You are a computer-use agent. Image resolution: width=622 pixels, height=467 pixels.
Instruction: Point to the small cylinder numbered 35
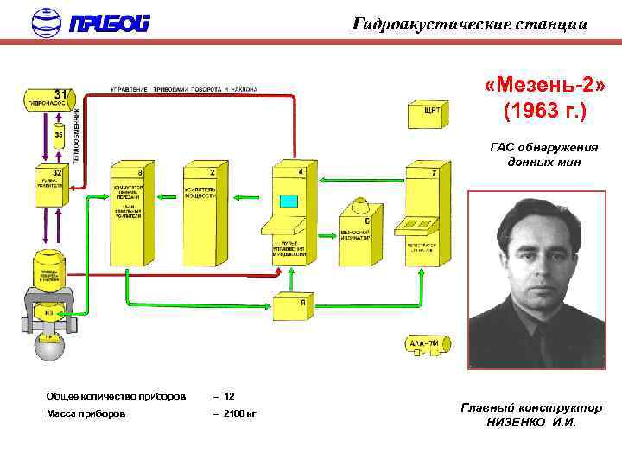tap(59, 138)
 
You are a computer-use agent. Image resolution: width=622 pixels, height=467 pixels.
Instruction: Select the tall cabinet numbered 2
tap(200, 212)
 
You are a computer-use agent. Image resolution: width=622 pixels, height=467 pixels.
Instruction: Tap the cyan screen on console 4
tap(289, 202)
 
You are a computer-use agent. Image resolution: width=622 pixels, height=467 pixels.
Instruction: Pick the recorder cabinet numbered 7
tap(422, 212)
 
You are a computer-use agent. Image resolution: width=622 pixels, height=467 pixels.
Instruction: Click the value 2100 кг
tap(235, 413)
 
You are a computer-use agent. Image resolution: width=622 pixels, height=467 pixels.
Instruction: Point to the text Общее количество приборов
tap(116, 396)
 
